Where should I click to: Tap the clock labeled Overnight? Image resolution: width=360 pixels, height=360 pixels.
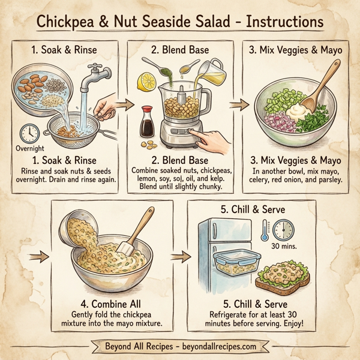pos(29,133)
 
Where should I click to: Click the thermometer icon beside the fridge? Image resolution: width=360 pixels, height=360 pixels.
pos(264,229)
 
